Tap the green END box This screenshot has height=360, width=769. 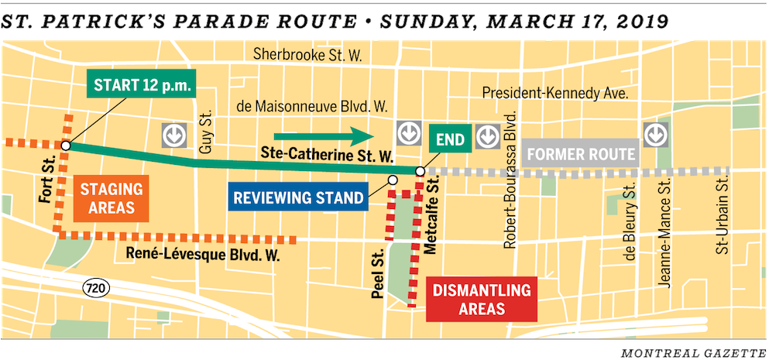click(449, 140)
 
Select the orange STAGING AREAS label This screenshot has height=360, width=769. click(111, 197)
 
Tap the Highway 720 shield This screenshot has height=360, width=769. click(95, 289)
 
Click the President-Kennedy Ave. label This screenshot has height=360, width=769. click(553, 93)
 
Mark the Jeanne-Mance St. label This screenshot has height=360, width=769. click(663, 232)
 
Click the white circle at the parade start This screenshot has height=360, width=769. click(67, 145)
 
